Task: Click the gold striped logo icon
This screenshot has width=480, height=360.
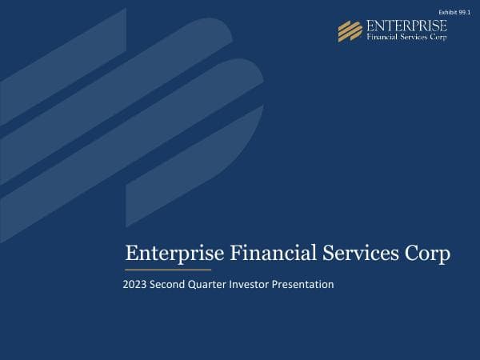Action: coord(350,30)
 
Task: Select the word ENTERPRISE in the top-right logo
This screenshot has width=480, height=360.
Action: coord(406,26)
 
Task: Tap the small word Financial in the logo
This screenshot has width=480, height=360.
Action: coord(382,37)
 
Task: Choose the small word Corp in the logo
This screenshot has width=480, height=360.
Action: coord(439,38)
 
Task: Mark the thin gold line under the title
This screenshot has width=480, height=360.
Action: coord(168,270)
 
